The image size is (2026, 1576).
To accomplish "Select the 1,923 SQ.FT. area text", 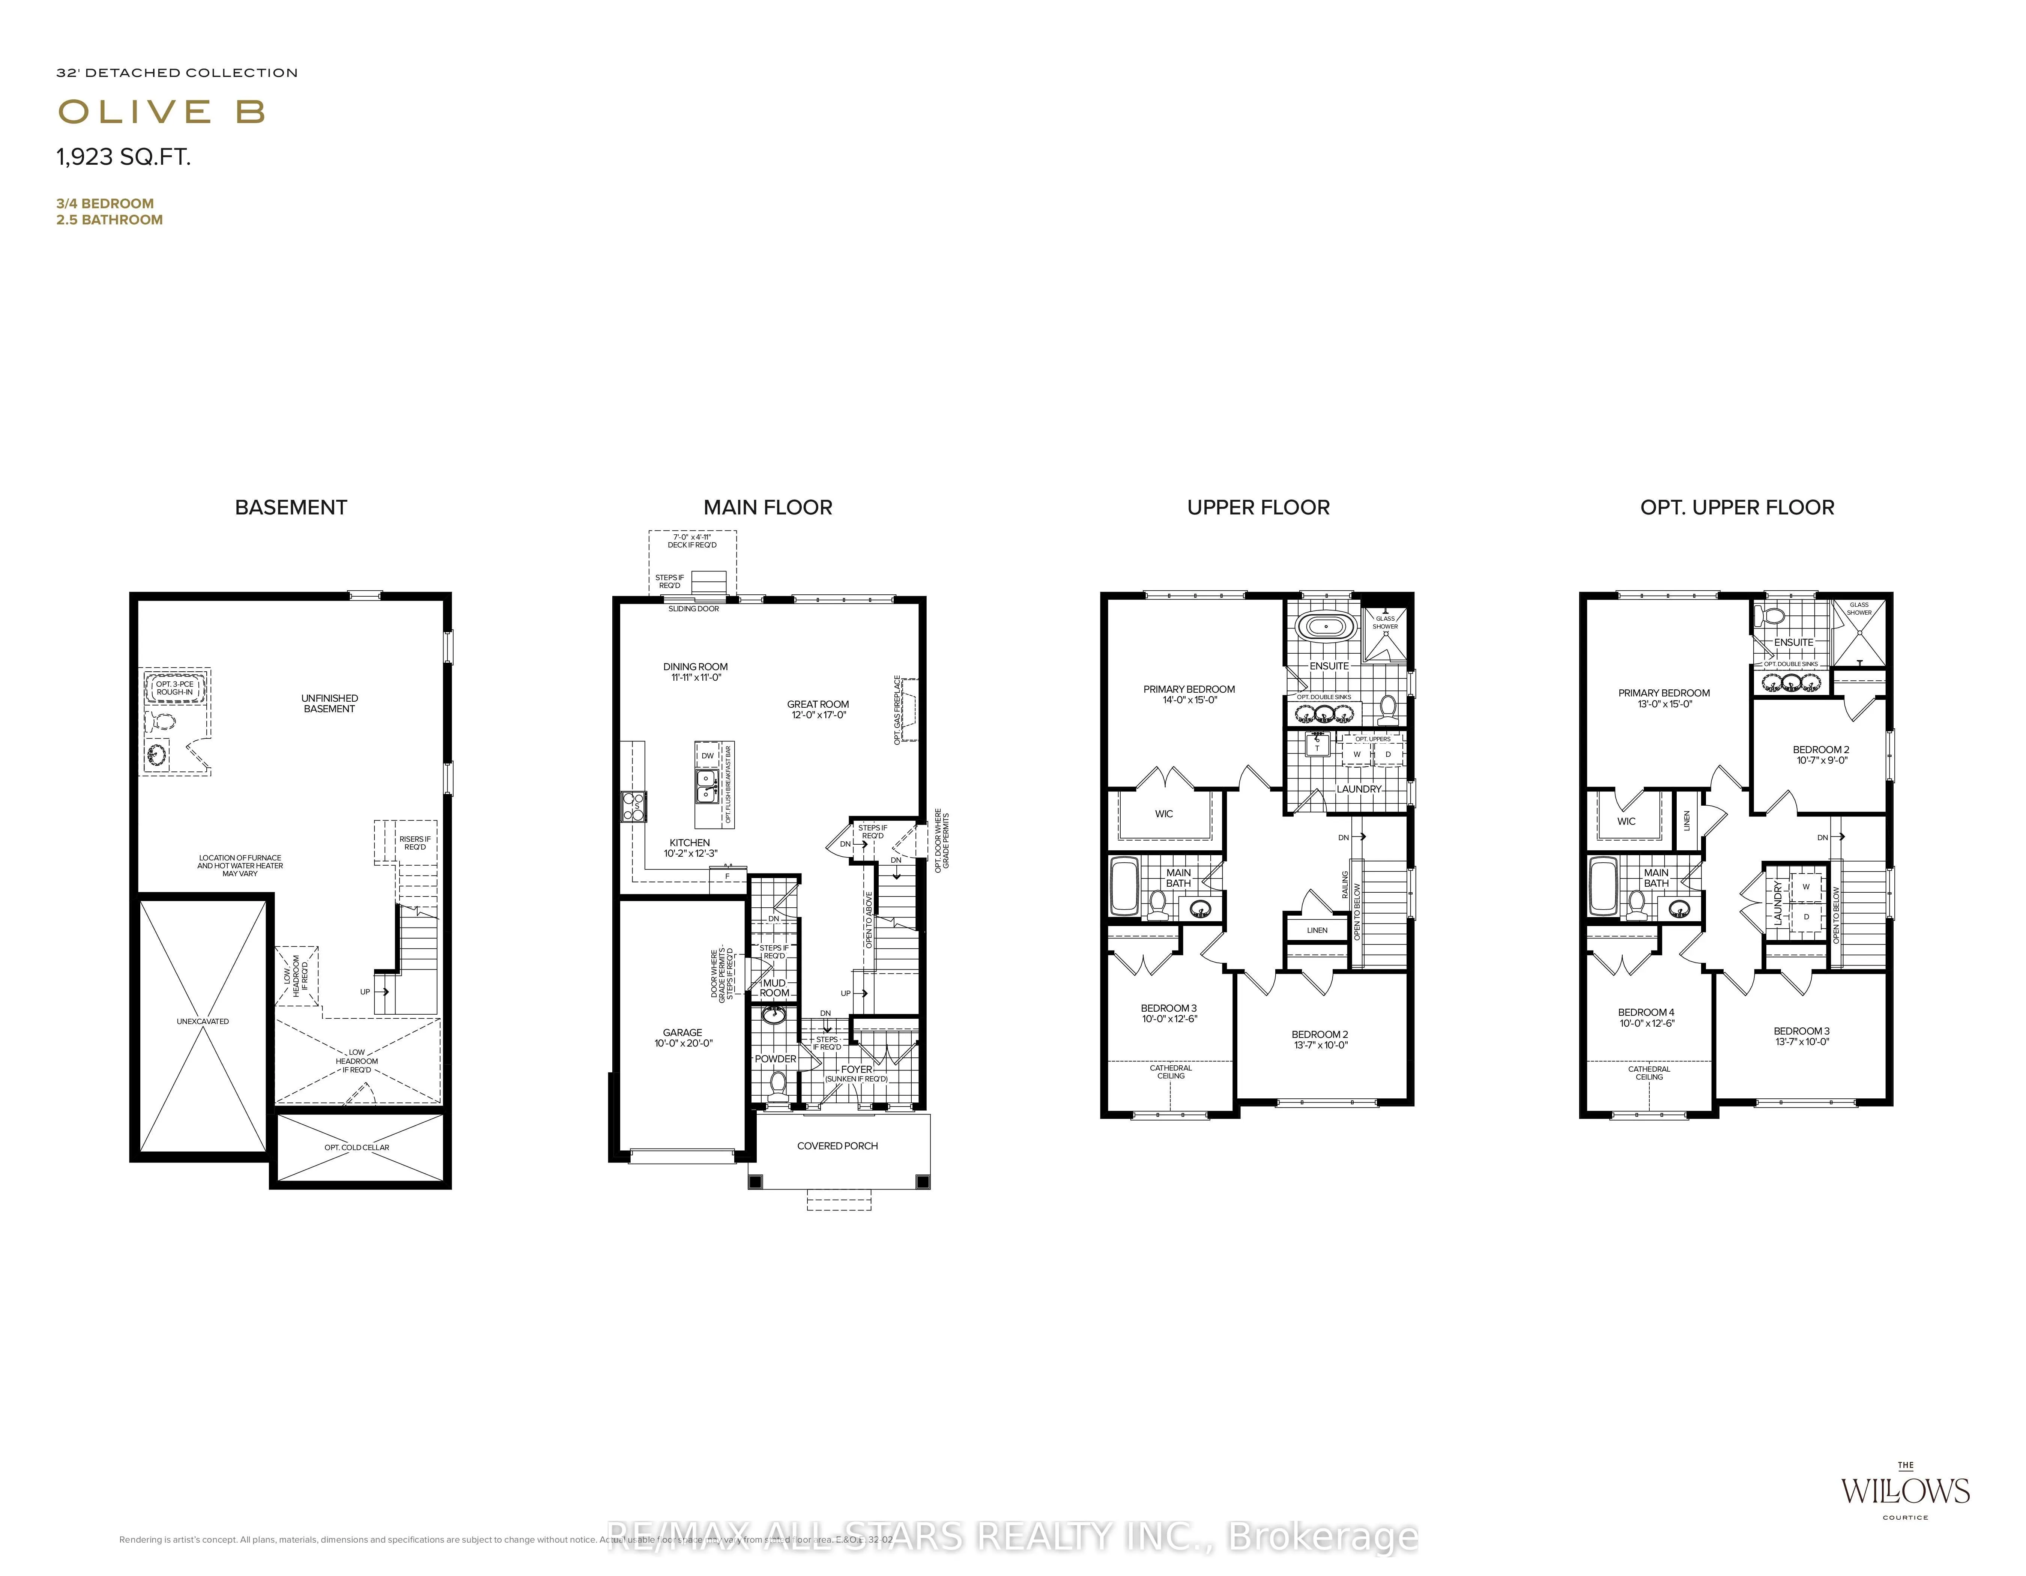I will tap(123, 158).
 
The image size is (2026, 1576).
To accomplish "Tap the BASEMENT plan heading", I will tap(290, 507).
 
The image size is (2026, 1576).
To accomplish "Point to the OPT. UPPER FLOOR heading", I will tap(1737, 507).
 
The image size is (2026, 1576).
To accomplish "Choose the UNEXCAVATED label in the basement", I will tap(202, 1021).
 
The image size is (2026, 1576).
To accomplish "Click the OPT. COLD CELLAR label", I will tap(357, 1147).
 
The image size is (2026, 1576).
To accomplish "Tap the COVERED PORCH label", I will tap(837, 1146).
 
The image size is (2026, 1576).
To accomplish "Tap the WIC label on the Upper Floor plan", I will tap(1163, 814).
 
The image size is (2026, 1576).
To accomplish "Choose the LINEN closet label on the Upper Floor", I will tap(1317, 929).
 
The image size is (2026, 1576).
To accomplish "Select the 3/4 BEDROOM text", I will tap(105, 203).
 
